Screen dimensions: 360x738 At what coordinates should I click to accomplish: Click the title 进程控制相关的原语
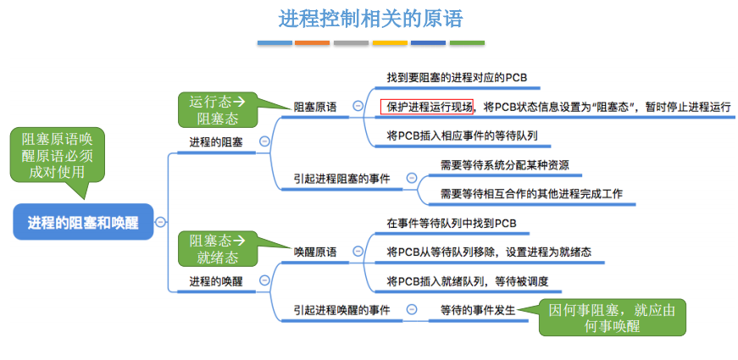click(x=369, y=18)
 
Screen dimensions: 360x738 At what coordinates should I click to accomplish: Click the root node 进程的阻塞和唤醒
click(x=83, y=222)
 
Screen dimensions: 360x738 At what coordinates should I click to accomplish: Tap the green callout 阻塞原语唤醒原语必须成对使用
click(x=58, y=153)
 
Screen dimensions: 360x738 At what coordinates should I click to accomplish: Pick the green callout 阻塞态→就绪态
click(x=215, y=248)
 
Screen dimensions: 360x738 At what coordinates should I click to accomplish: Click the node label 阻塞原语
click(x=314, y=108)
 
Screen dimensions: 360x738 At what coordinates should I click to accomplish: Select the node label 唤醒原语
click(x=314, y=252)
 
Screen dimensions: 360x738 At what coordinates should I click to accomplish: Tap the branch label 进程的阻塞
click(x=215, y=142)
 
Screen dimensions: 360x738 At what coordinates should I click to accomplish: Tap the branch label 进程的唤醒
click(x=215, y=281)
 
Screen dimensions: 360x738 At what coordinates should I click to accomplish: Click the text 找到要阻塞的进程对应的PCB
click(x=457, y=78)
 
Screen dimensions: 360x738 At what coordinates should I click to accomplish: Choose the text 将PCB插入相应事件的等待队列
click(x=462, y=135)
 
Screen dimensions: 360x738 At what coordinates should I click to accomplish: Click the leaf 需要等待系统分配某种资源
click(x=504, y=165)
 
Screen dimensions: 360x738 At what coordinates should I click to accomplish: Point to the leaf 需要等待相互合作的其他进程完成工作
click(x=531, y=194)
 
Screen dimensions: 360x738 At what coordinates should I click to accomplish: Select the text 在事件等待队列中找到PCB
click(x=451, y=224)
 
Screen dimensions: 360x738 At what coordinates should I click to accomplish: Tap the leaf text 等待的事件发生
click(x=477, y=311)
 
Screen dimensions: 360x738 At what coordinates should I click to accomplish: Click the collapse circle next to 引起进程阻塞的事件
click(x=411, y=178)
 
